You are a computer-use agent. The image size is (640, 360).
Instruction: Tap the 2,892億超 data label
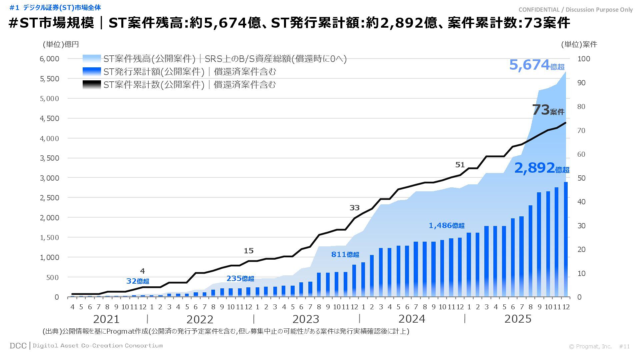[x=541, y=168]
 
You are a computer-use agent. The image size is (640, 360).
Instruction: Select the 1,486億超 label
[x=446, y=226]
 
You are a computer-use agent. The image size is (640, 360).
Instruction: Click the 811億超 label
[x=345, y=254]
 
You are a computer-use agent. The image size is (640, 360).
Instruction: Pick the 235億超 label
[x=240, y=278]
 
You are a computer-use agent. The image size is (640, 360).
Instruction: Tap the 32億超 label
[x=137, y=281]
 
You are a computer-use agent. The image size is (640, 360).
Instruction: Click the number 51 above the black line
[x=460, y=165]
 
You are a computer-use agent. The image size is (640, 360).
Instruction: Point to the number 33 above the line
[x=354, y=208]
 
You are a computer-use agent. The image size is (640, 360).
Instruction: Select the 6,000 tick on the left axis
[x=49, y=59]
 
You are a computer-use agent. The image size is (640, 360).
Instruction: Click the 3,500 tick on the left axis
[x=49, y=158]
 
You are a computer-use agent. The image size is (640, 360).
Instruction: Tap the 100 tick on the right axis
[x=584, y=59]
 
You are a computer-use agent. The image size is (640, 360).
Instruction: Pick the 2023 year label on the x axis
[x=306, y=319]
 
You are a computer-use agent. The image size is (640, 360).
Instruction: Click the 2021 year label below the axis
[x=106, y=319]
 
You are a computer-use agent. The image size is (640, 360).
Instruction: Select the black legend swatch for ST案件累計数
[x=91, y=85]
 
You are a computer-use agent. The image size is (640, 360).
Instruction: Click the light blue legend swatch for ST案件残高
[x=91, y=59]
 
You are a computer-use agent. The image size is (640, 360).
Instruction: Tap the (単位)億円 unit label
[x=61, y=44]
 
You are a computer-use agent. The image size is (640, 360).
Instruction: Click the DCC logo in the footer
[x=18, y=346]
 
